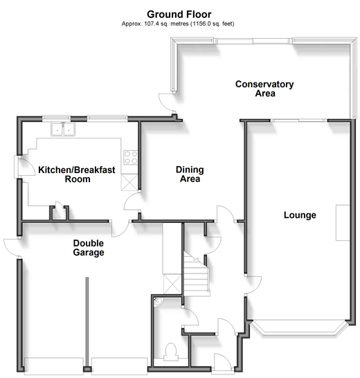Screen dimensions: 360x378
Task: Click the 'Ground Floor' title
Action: pyautogui.click(x=179, y=15)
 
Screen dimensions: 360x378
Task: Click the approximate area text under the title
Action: pyautogui.click(x=178, y=24)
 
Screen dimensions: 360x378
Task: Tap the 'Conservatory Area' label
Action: pyautogui.click(x=264, y=89)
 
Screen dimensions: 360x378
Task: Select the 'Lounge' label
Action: pyautogui.click(x=300, y=215)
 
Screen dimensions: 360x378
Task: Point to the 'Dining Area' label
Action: pyautogui.click(x=190, y=174)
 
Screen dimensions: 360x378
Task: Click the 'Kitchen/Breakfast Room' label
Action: pyautogui.click(x=77, y=174)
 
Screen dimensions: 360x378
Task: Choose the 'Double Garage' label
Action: pyautogui.click(x=89, y=248)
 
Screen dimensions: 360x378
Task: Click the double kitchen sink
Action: pyautogui.click(x=63, y=129)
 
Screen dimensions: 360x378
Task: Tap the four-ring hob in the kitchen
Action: pyautogui.click(x=131, y=157)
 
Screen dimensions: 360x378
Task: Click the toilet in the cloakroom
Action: pyautogui.click(x=171, y=352)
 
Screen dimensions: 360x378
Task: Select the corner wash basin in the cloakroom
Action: pyautogui.click(x=158, y=302)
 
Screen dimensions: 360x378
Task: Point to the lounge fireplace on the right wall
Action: pyautogui.click(x=343, y=223)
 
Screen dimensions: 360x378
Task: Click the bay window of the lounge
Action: pyautogui.click(x=299, y=330)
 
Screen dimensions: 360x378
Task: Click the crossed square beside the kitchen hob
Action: pyautogui.click(x=129, y=182)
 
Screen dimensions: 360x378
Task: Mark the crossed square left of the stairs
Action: pyautogui.click(x=172, y=285)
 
